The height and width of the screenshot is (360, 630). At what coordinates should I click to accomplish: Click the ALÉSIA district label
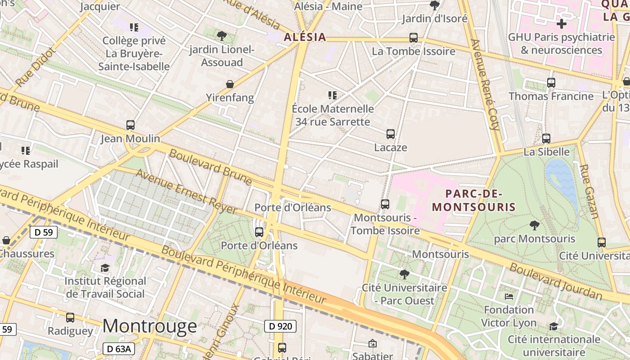coord(305,37)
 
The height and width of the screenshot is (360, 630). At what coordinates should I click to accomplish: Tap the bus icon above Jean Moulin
coord(130,125)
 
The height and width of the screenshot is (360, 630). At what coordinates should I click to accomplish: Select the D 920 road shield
coord(280,326)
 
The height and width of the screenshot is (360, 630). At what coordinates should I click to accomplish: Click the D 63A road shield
coord(119,349)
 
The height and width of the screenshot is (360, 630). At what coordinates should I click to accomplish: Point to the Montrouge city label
coord(149,326)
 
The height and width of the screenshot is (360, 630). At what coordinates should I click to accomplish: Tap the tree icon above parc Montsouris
coord(535,225)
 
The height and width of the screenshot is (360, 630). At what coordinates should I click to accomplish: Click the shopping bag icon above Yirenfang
coord(230,84)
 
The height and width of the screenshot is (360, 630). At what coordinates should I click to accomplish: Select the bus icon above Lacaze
coord(391,134)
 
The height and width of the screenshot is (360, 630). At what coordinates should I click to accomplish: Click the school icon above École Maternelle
coord(333,95)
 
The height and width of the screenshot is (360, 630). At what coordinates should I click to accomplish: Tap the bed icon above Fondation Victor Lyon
coord(509,296)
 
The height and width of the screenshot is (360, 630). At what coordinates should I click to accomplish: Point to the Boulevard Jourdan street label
coord(556,281)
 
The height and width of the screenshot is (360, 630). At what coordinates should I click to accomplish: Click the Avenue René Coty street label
coord(485,84)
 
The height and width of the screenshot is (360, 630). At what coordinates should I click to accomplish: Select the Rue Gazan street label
coord(588,191)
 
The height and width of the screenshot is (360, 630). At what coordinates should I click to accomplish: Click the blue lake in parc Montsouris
coord(562,180)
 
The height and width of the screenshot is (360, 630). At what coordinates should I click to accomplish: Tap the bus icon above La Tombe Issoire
coord(414,38)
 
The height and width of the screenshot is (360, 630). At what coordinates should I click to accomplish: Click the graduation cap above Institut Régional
coord(105,268)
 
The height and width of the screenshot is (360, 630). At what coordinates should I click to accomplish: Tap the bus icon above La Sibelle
coord(546,139)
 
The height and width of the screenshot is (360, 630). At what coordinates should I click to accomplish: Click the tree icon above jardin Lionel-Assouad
coord(221,36)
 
